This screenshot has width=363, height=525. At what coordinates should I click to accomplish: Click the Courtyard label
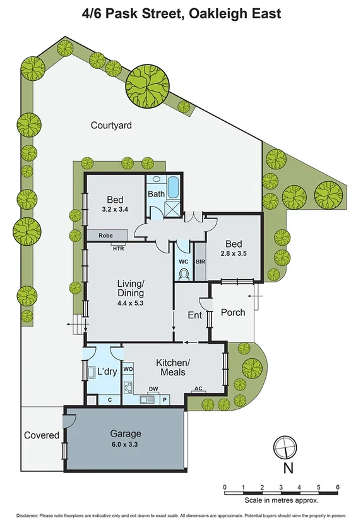tap(111, 126)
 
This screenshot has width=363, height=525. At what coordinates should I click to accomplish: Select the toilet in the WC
tap(184, 274)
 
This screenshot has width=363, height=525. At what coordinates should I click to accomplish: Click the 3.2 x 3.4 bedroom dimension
tap(115, 209)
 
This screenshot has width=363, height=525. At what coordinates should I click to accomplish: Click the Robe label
tap(105, 235)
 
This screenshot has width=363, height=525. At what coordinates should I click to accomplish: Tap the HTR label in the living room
tap(118, 248)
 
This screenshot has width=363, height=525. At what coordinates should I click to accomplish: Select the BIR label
tap(200, 260)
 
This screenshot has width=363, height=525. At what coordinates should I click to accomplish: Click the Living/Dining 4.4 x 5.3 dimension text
tap(130, 303)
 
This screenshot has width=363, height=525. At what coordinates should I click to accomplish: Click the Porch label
tap(232, 312)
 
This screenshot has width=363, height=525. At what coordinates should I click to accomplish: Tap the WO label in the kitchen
tap(127, 367)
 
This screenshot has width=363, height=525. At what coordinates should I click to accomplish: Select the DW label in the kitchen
tap(153, 389)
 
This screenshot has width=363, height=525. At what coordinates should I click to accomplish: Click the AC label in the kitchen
tap(198, 389)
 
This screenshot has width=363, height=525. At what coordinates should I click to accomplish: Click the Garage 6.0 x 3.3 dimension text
tap(126, 444)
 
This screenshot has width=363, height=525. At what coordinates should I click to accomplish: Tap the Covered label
tap(42, 435)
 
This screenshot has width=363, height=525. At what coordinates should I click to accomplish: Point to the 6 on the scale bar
tap(338, 487)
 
